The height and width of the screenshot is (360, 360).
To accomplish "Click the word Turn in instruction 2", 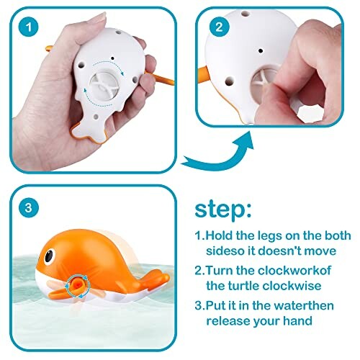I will click(222, 271).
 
